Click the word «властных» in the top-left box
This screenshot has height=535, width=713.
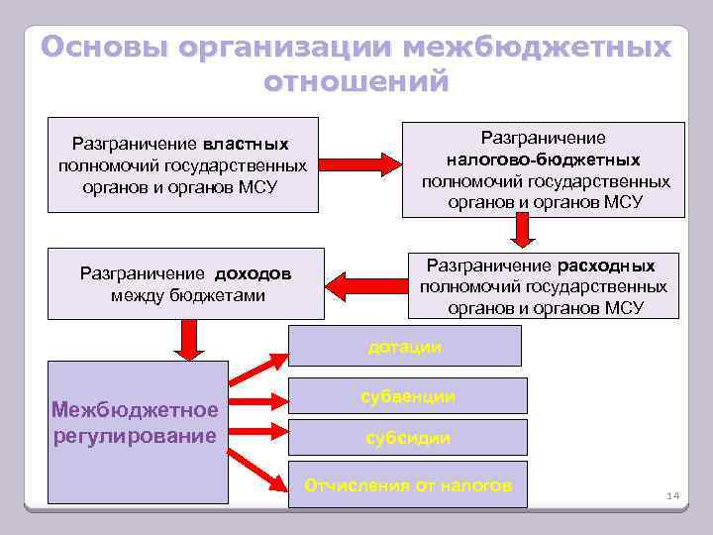click(x=247, y=144)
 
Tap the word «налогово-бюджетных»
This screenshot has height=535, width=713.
click(x=543, y=160)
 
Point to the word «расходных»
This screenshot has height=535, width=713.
click(x=606, y=266)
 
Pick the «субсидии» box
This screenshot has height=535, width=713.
click(x=408, y=437)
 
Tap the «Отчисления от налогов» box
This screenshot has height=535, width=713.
click(x=408, y=484)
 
